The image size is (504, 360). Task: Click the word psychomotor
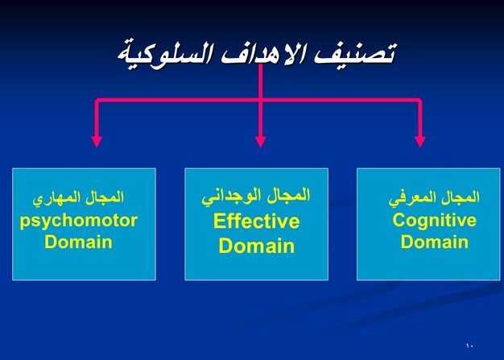[x=79, y=222]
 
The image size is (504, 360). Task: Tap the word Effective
[x=257, y=221]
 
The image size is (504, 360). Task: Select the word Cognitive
[x=435, y=221]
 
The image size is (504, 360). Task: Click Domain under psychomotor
[x=78, y=242]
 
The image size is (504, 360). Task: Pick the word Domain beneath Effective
[x=257, y=246]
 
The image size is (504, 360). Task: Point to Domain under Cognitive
[x=435, y=242]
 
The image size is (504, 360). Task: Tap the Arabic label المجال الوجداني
[x=256, y=196]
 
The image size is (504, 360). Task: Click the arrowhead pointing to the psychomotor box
[x=97, y=142]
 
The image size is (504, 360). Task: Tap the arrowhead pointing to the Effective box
[x=260, y=142]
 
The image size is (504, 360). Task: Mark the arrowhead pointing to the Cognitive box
[x=420, y=142]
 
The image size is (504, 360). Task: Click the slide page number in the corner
[x=469, y=346]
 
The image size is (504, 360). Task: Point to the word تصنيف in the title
[x=355, y=53]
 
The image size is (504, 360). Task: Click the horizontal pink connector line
[x=258, y=100]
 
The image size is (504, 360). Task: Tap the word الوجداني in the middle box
[x=227, y=197]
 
